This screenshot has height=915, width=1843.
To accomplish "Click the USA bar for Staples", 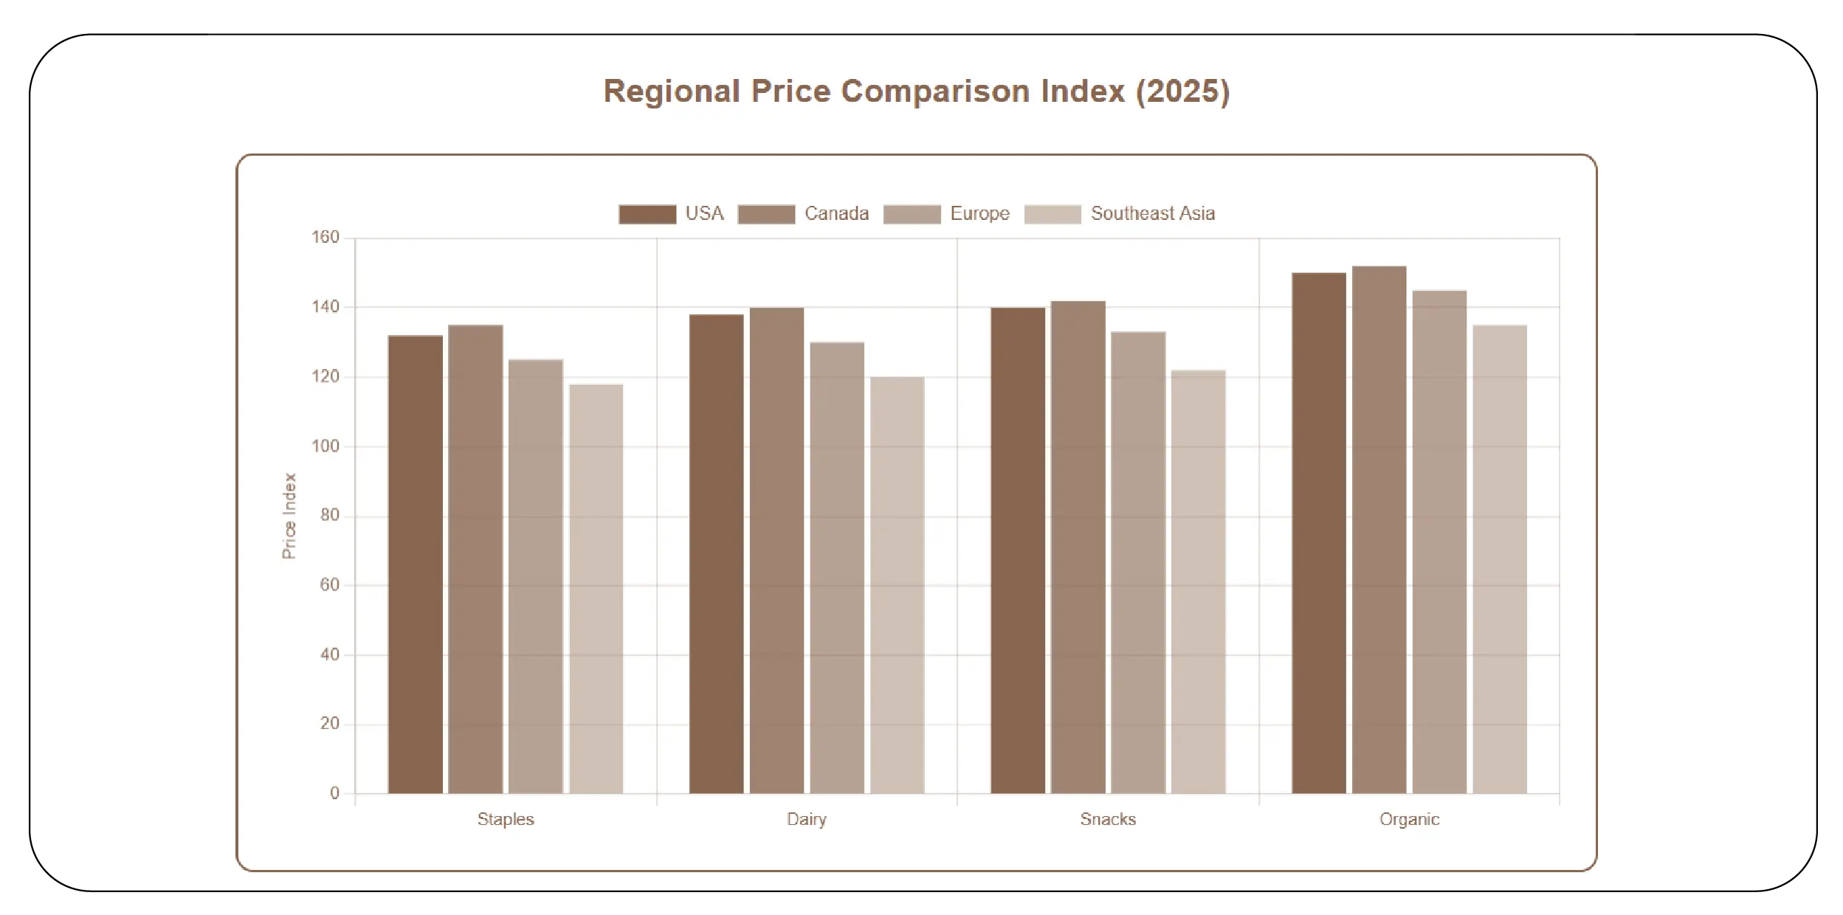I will point(415,564).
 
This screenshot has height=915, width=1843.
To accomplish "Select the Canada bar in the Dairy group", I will point(776,550).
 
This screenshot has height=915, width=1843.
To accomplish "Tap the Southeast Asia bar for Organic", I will point(1499,559).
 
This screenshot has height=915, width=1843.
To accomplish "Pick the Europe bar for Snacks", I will point(1137,563).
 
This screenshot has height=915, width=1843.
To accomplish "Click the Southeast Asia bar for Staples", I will point(596,589).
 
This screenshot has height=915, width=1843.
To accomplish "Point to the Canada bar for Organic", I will point(1379,530).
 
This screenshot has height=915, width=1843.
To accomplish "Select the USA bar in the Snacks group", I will point(1017,550).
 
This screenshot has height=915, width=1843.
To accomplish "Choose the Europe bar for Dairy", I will point(836,568).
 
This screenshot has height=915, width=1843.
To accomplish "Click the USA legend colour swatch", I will point(647,214).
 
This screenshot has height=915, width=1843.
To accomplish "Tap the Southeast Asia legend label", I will point(1152,214).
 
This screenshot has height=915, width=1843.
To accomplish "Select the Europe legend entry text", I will point(979,214).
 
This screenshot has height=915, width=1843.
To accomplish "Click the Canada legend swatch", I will point(766,214).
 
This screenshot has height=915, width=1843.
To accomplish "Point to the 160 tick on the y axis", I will point(325,238).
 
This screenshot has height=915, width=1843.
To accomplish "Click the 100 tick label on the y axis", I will point(325,446).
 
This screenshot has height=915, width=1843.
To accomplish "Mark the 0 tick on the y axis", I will point(334,793).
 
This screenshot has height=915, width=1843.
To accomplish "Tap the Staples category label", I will point(505,819).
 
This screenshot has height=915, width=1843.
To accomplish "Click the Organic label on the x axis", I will point(1409,819).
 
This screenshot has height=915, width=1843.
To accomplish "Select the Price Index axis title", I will point(289,516).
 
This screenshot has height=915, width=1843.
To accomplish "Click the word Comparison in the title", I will point(935,91).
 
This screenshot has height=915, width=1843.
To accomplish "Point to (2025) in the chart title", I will point(1182,91).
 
